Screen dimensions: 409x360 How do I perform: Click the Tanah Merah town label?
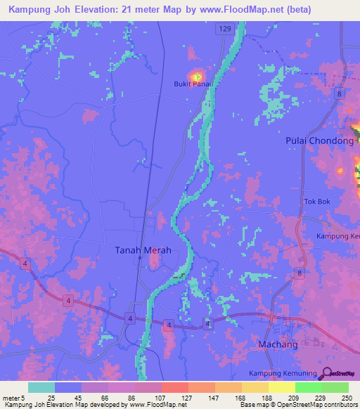point(143,250)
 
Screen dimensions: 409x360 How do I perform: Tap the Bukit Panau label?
point(193,84)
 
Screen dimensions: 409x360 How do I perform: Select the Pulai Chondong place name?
point(319,141)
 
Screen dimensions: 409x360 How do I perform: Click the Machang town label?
point(278,344)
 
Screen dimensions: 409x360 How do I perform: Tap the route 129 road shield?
point(224,28)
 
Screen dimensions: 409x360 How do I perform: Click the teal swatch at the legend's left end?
point(41,387)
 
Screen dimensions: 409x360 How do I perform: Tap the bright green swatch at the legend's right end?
point(335,387)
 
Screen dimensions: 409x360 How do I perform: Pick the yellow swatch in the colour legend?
point(281,387)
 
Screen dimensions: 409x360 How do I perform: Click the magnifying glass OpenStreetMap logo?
point(326,373)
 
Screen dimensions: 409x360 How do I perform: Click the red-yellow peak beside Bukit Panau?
point(196,76)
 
